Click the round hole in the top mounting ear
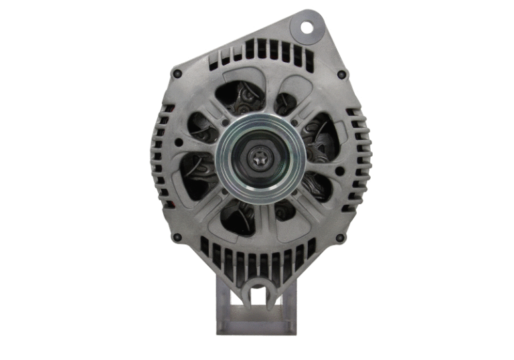point(307,27)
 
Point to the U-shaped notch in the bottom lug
point(255,294)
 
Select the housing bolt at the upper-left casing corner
point(176,72)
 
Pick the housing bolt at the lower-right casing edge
point(340,237)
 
